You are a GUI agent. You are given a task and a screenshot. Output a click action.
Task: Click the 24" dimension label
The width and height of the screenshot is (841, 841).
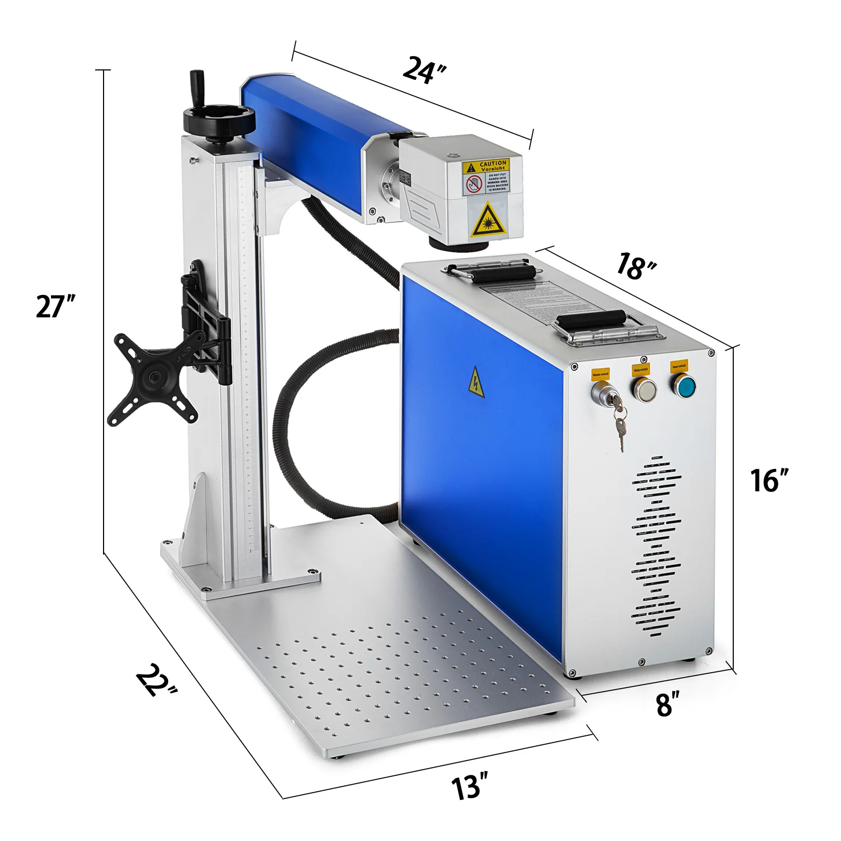click(424, 70)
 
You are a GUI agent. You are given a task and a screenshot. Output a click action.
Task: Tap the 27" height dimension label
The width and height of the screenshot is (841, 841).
click(55, 306)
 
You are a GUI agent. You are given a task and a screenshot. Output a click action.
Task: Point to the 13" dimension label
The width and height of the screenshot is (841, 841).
click(469, 787)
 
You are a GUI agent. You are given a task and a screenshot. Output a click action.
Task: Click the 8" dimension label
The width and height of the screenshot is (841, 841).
click(667, 704)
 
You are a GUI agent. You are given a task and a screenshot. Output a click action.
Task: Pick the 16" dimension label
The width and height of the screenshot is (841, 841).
click(769, 480)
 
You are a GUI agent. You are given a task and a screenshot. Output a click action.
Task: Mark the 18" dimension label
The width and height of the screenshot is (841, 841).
click(635, 265)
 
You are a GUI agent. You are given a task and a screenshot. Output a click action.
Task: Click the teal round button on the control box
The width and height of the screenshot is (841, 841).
click(684, 386)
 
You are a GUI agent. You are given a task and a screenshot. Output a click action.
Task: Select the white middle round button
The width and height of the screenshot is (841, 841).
click(644, 390)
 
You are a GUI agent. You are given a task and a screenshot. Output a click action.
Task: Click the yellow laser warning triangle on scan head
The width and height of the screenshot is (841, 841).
click(488, 220)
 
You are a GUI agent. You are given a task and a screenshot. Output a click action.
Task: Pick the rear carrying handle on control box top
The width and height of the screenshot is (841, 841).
click(493, 272)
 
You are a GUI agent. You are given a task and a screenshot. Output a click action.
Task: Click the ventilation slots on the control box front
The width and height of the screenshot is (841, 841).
click(655, 547)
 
